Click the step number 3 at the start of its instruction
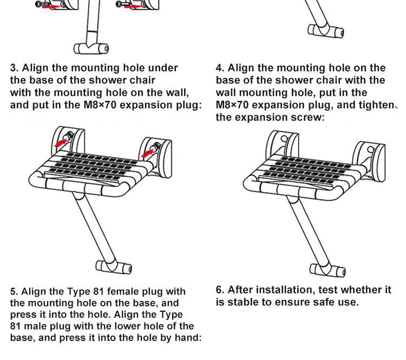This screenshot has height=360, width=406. (x=14, y=68)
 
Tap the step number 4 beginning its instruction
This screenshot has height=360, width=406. (x=219, y=68)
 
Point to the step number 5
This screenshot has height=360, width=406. (x=14, y=291)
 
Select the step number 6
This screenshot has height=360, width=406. (x=219, y=290)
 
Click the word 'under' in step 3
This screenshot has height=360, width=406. (x=162, y=68)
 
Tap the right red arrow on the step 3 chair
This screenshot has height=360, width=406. (x=146, y=153)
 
